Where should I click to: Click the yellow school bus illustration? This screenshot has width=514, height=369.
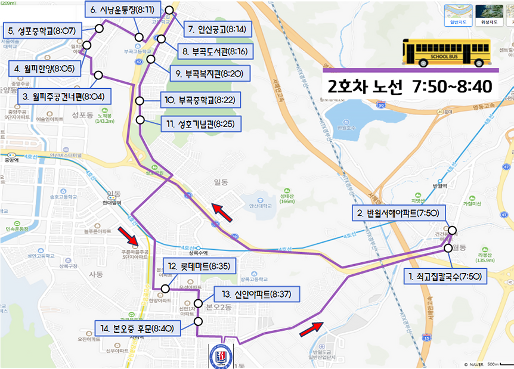[x=446, y=52]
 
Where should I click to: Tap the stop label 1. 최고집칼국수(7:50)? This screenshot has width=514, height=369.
[x=445, y=277]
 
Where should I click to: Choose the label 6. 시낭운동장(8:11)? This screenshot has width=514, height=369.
[x=122, y=10]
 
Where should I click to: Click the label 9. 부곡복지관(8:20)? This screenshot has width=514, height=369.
[x=209, y=74]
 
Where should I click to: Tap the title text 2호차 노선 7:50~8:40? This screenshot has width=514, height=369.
[x=410, y=86]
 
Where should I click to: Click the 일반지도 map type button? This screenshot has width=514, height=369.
[x=458, y=15]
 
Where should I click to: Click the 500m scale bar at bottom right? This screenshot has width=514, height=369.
[x=495, y=364]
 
